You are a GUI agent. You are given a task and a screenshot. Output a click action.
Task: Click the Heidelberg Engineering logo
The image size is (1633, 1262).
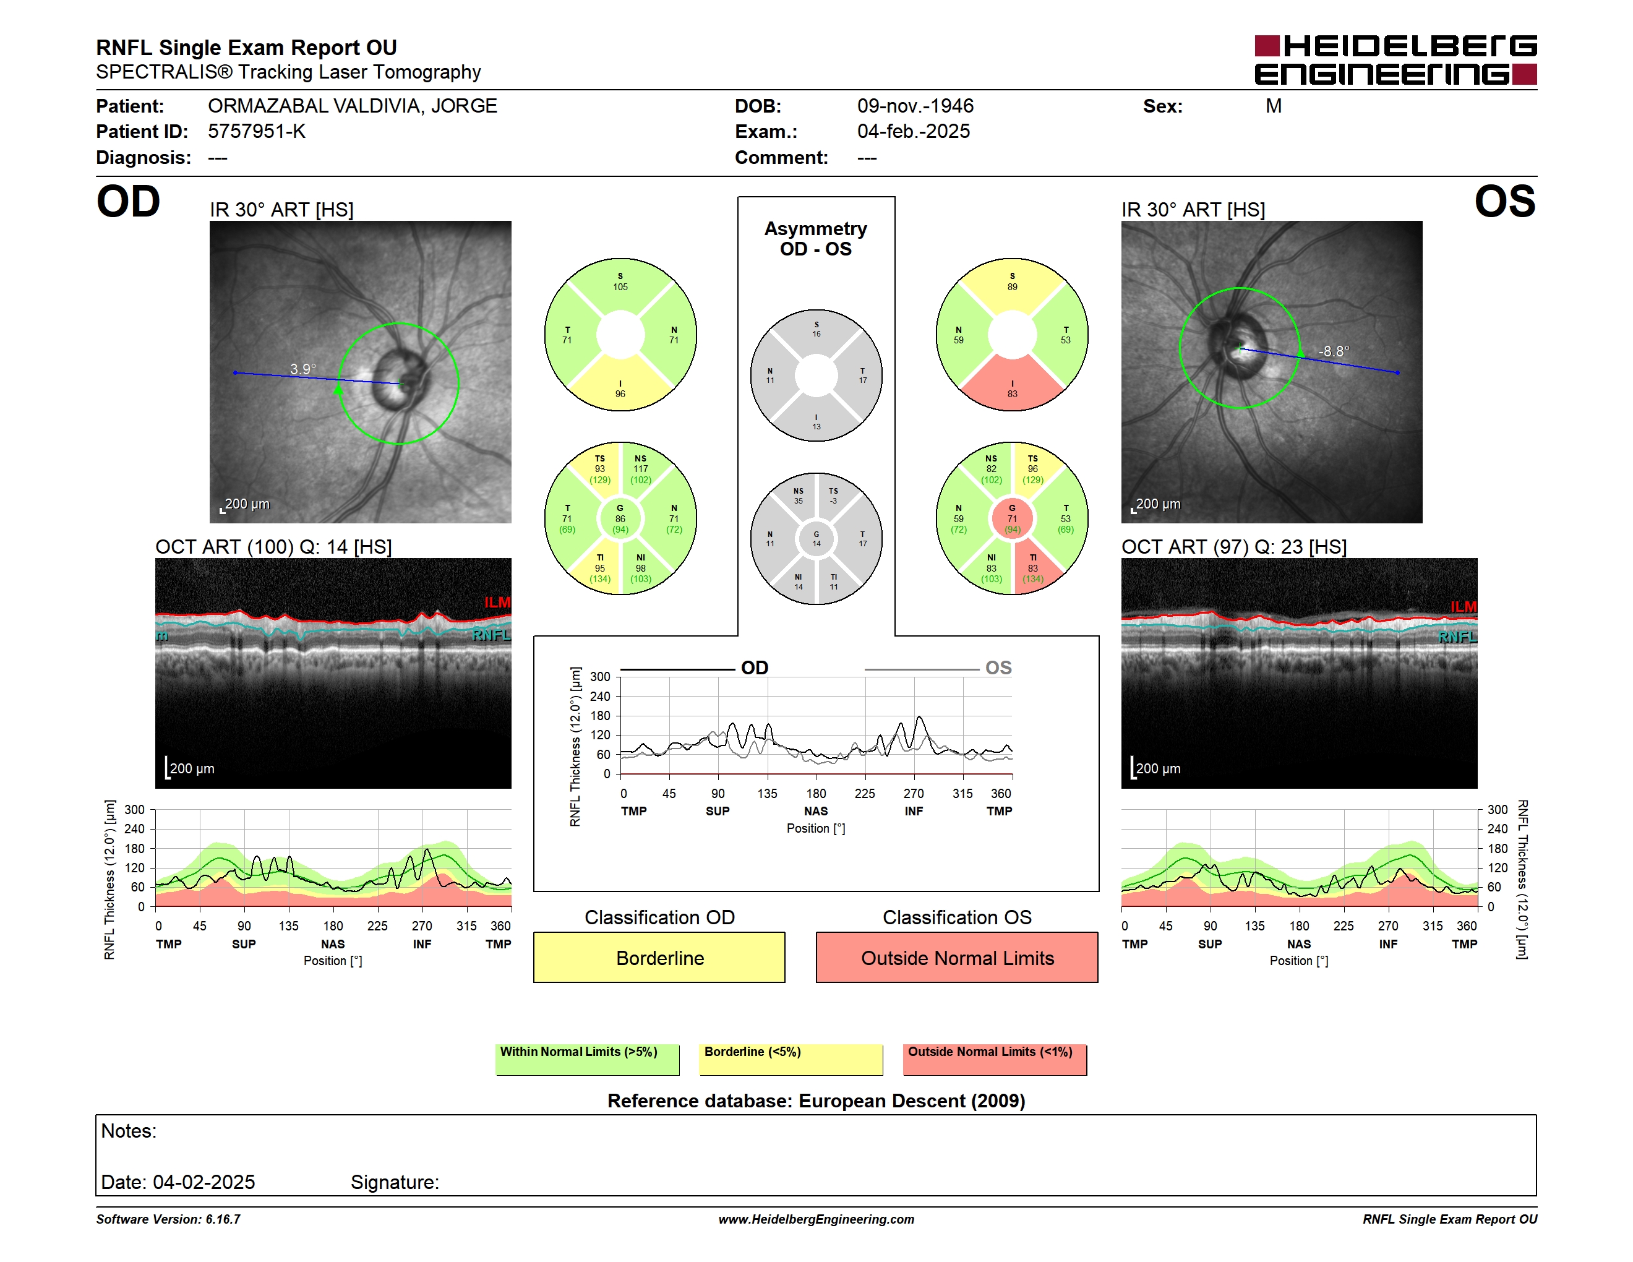(x=1395, y=60)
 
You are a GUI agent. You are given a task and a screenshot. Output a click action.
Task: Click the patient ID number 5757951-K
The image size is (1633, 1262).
(x=257, y=132)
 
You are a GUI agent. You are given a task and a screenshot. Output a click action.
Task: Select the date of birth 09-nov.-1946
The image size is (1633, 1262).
(x=915, y=106)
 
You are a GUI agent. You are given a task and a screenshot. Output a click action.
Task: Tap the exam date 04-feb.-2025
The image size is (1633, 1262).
(x=913, y=132)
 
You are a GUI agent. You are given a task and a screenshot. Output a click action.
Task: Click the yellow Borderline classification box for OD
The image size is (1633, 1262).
(x=659, y=957)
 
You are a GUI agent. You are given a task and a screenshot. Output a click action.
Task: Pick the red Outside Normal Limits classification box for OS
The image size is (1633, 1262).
(x=956, y=957)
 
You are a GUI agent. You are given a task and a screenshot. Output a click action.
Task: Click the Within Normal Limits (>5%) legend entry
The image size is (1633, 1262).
(x=587, y=1058)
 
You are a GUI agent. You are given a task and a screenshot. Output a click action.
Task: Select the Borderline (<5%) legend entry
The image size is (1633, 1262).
(x=791, y=1058)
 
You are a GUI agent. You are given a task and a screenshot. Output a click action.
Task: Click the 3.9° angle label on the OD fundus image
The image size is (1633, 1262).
(x=303, y=369)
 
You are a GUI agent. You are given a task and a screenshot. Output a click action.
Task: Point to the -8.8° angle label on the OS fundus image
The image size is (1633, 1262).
(x=1333, y=351)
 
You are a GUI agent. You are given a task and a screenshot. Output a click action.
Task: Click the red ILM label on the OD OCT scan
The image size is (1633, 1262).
(x=497, y=602)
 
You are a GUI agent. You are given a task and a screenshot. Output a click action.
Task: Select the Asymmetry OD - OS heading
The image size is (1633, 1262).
(x=816, y=239)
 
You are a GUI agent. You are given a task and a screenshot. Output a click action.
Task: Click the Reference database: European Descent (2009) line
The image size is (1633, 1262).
(x=816, y=1101)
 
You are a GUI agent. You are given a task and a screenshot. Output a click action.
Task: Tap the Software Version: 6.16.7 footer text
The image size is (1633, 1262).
(x=168, y=1219)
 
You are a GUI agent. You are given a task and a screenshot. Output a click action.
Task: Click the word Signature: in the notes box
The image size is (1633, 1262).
(x=395, y=1182)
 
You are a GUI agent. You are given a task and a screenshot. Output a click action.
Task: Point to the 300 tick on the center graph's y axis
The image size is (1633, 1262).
(x=601, y=677)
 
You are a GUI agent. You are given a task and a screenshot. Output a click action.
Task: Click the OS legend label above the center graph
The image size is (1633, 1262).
(x=998, y=667)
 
